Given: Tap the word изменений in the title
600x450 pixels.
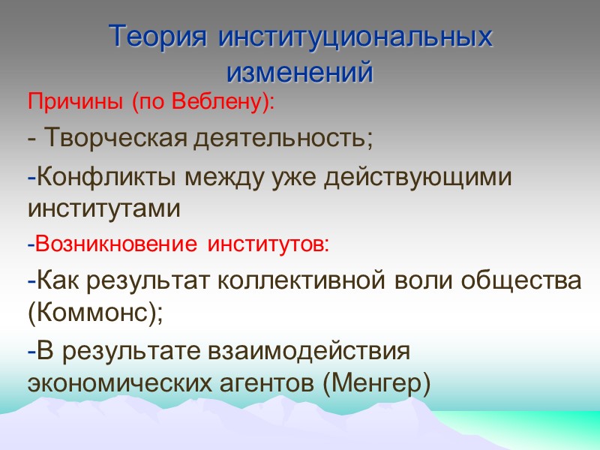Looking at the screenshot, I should click(300, 72).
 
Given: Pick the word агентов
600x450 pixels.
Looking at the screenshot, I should click(274, 383).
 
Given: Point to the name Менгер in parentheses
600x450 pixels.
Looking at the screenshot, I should click(378, 383).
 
